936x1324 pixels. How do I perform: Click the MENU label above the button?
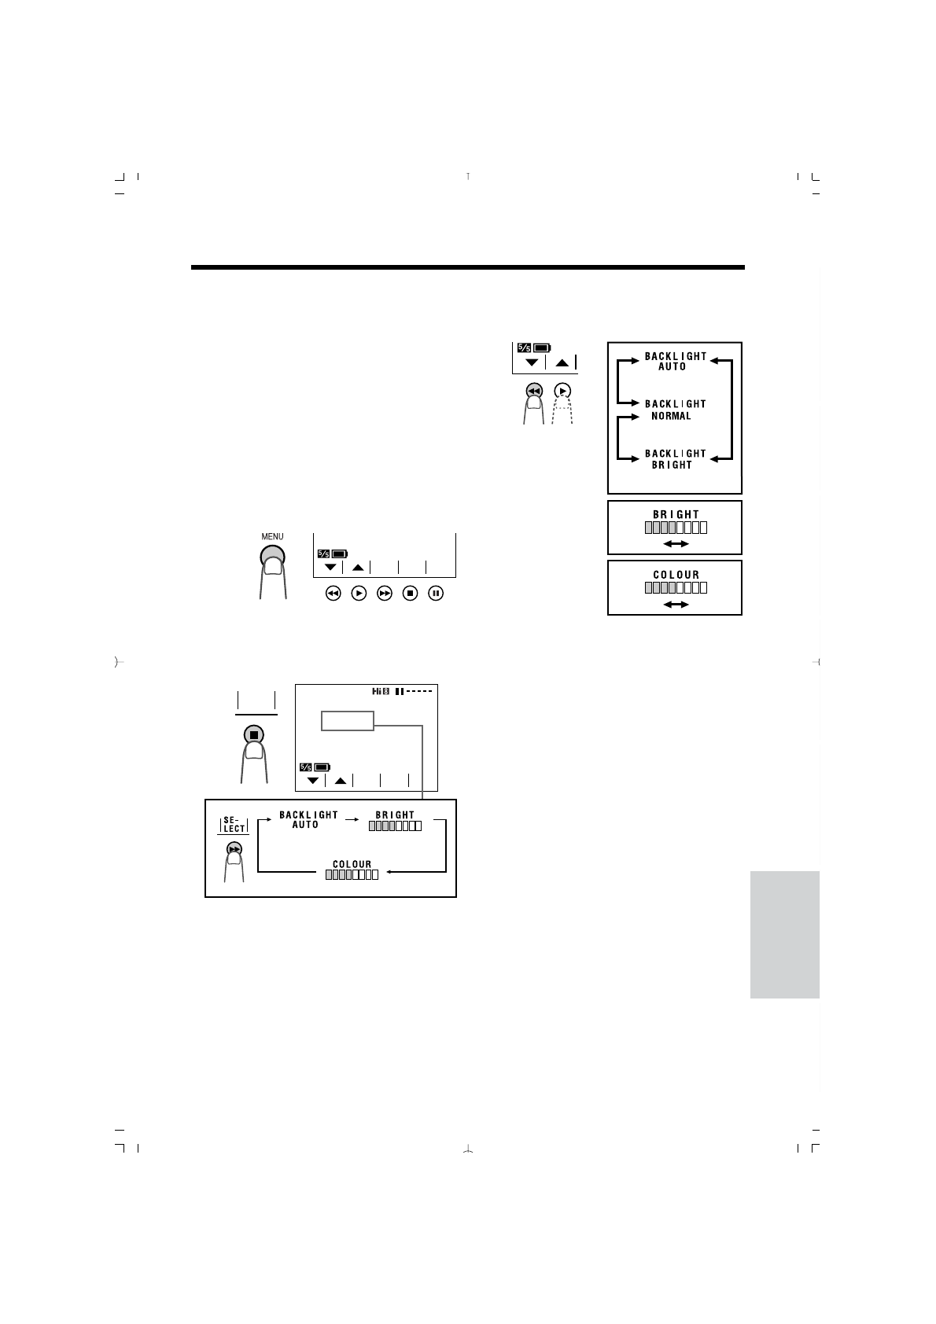pos(272,537)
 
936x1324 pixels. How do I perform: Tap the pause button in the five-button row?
pos(436,594)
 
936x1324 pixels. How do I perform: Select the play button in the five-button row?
pos(359,594)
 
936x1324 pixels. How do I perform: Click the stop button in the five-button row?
pos(410,594)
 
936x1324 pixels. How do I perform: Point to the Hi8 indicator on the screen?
pos(381,692)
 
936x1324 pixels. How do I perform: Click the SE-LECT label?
pos(234,824)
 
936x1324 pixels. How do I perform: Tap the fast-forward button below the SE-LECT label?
pos(234,849)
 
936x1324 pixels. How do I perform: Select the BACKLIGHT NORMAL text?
pos(675,410)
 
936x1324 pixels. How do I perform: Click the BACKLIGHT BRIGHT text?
pos(675,459)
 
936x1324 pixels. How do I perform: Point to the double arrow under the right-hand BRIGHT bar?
pos(675,543)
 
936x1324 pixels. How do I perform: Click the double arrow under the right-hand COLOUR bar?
pos(675,604)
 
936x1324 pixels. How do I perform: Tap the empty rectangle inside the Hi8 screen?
pos(348,720)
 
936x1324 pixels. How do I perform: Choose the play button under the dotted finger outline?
pos(562,391)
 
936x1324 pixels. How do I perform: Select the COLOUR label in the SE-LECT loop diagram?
pos(352,864)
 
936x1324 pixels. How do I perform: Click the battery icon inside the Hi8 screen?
pos(322,767)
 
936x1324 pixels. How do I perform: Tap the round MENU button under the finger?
pos(272,556)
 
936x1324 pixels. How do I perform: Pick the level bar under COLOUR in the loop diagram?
pos(352,874)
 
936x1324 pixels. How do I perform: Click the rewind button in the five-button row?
pos(333,594)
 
